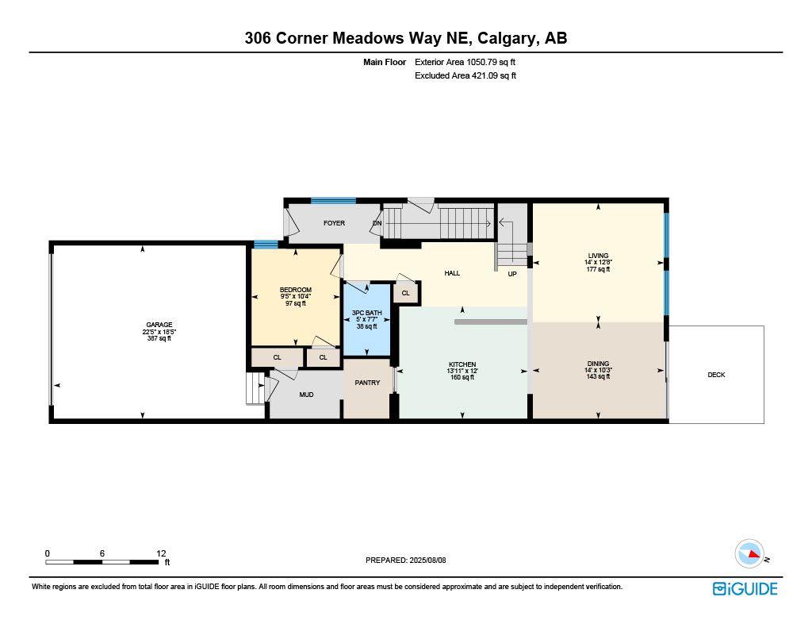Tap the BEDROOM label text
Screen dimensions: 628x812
(x=295, y=290)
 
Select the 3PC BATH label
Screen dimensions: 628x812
(x=366, y=313)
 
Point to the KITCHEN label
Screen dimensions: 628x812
(x=462, y=364)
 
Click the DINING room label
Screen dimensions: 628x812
(x=598, y=364)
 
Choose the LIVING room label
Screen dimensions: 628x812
(x=598, y=256)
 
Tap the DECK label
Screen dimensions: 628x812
(x=716, y=375)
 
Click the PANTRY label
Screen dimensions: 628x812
(x=367, y=383)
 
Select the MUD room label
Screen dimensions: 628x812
(x=306, y=394)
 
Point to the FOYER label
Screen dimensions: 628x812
(x=334, y=223)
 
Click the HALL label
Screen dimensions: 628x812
(x=452, y=273)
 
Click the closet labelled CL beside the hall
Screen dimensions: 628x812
(x=405, y=293)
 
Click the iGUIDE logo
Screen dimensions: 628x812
(x=745, y=588)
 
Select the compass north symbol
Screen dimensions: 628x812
(x=749, y=553)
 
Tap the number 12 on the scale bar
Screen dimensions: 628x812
(x=161, y=553)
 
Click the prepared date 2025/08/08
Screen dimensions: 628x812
(x=434, y=560)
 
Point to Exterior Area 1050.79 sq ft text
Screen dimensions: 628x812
(x=465, y=62)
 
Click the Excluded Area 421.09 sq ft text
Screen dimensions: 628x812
(x=465, y=76)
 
